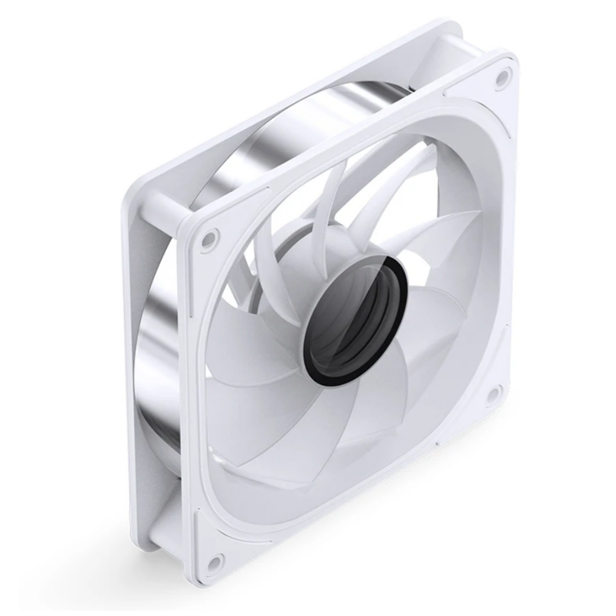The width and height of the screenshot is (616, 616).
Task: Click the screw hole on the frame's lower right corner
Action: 493,396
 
